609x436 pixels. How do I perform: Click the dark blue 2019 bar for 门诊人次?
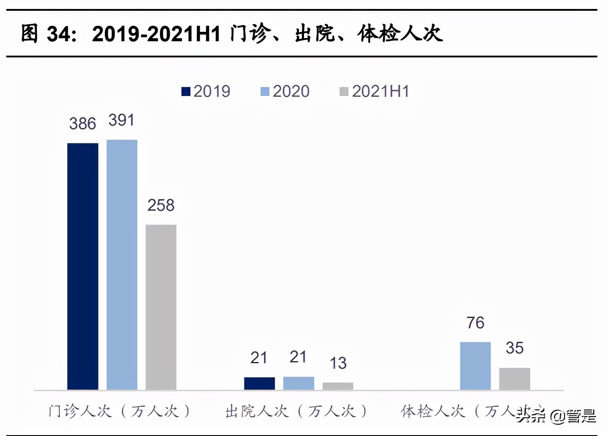click(x=83, y=266)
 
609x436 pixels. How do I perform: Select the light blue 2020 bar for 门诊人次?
click(x=122, y=265)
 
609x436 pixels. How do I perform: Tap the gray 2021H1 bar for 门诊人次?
click(x=161, y=307)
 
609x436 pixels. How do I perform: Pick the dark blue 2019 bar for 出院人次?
click(x=259, y=383)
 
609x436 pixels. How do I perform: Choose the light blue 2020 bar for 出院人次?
click(x=298, y=383)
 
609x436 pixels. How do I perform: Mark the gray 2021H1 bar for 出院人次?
click(x=338, y=386)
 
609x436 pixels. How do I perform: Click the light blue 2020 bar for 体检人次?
click(x=475, y=366)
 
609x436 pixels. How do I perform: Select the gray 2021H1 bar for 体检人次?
click(x=514, y=379)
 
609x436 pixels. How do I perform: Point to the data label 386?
click(x=83, y=123)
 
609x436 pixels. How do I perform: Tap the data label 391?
click(x=121, y=120)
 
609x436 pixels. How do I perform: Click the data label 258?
click(x=161, y=205)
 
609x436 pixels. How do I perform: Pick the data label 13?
click(x=338, y=363)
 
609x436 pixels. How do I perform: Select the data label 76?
click(x=475, y=323)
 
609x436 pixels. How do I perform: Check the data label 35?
click(x=514, y=348)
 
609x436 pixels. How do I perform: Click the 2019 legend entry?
click(x=206, y=91)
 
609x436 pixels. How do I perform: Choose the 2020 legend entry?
click(x=285, y=91)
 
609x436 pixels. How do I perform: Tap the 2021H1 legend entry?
click(x=375, y=91)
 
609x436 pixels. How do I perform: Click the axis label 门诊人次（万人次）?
click(x=119, y=411)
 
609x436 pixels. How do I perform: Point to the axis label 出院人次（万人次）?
click(x=296, y=411)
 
